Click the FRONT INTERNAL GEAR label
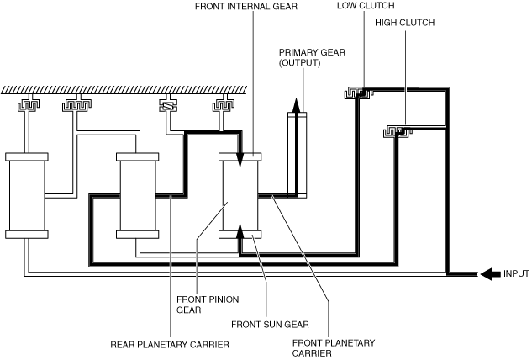point(246,7)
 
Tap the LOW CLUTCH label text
point(366,6)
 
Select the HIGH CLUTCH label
point(405,23)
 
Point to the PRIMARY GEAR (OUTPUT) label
point(312,58)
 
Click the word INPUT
point(516,273)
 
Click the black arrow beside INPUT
point(491,273)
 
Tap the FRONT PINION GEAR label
point(208,304)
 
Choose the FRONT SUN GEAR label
point(270,325)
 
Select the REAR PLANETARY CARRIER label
point(170,345)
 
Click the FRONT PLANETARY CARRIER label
point(334,348)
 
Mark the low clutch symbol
point(358,93)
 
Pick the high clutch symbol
point(397,131)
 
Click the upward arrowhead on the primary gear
point(296,105)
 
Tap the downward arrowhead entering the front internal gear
point(240,160)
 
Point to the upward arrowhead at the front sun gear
point(240,231)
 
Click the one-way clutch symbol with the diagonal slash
point(168,106)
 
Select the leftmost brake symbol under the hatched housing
point(29,105)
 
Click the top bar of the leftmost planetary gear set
point(27,156)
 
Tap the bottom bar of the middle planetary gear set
point(137,235)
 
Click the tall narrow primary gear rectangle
point(298,155)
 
